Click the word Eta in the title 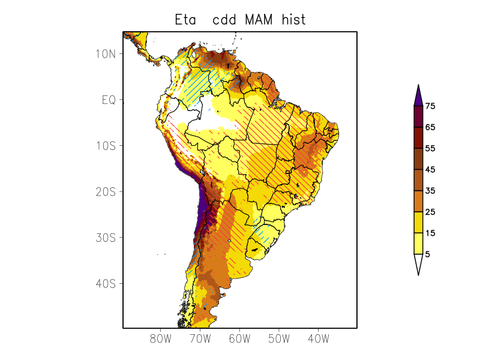coord(186,20)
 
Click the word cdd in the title coord(224,20)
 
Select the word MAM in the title coord(259,20)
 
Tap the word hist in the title coord(293,20)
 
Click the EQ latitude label coord(108,100)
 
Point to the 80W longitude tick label coord(161,339)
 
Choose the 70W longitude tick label coord(200,339)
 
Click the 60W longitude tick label coord(239,339)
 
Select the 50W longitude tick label coord(279,339)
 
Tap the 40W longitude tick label coord(318,339)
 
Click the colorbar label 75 coord(430,106)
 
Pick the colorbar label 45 coord(430,170)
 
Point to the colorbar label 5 coord(428,254)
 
